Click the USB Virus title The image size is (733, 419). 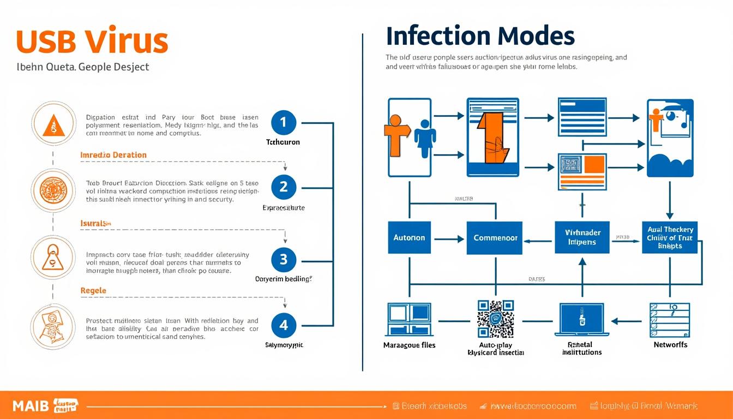coord(92,41)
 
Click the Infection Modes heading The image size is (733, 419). coord(480,36)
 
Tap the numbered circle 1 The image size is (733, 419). coord(283,123)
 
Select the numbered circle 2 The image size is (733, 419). coord(283,187)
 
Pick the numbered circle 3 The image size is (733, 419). coord(283,259)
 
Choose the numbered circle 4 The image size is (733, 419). coord(283,325)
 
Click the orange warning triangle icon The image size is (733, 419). coord(53,125)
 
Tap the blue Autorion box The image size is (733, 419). coord(409,238)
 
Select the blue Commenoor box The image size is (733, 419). coord(495,238)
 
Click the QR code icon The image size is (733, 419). coord(495,319)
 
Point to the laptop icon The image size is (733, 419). coord(581,320)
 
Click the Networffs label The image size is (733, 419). coord(670,345)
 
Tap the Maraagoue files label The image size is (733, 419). coord(409,345)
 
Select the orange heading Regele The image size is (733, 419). coord(93,291)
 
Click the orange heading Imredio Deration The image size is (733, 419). coord(113,155)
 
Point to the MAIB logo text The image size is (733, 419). coord(31,406)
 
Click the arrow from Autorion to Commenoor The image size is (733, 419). coord(448,238)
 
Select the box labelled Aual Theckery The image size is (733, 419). coord(670,238)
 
